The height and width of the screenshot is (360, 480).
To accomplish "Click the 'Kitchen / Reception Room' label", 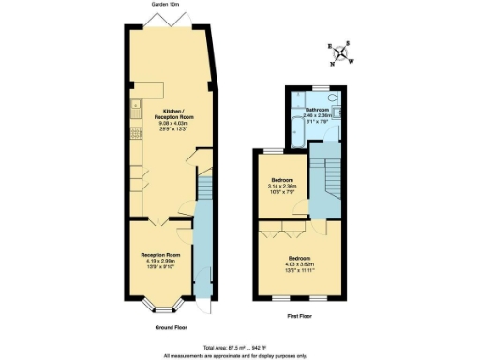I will [x=172, y=117].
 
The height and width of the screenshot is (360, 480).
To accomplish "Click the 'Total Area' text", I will [x=240, y=348].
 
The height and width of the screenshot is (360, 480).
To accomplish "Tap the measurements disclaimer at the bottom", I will [x=240, y=355].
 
